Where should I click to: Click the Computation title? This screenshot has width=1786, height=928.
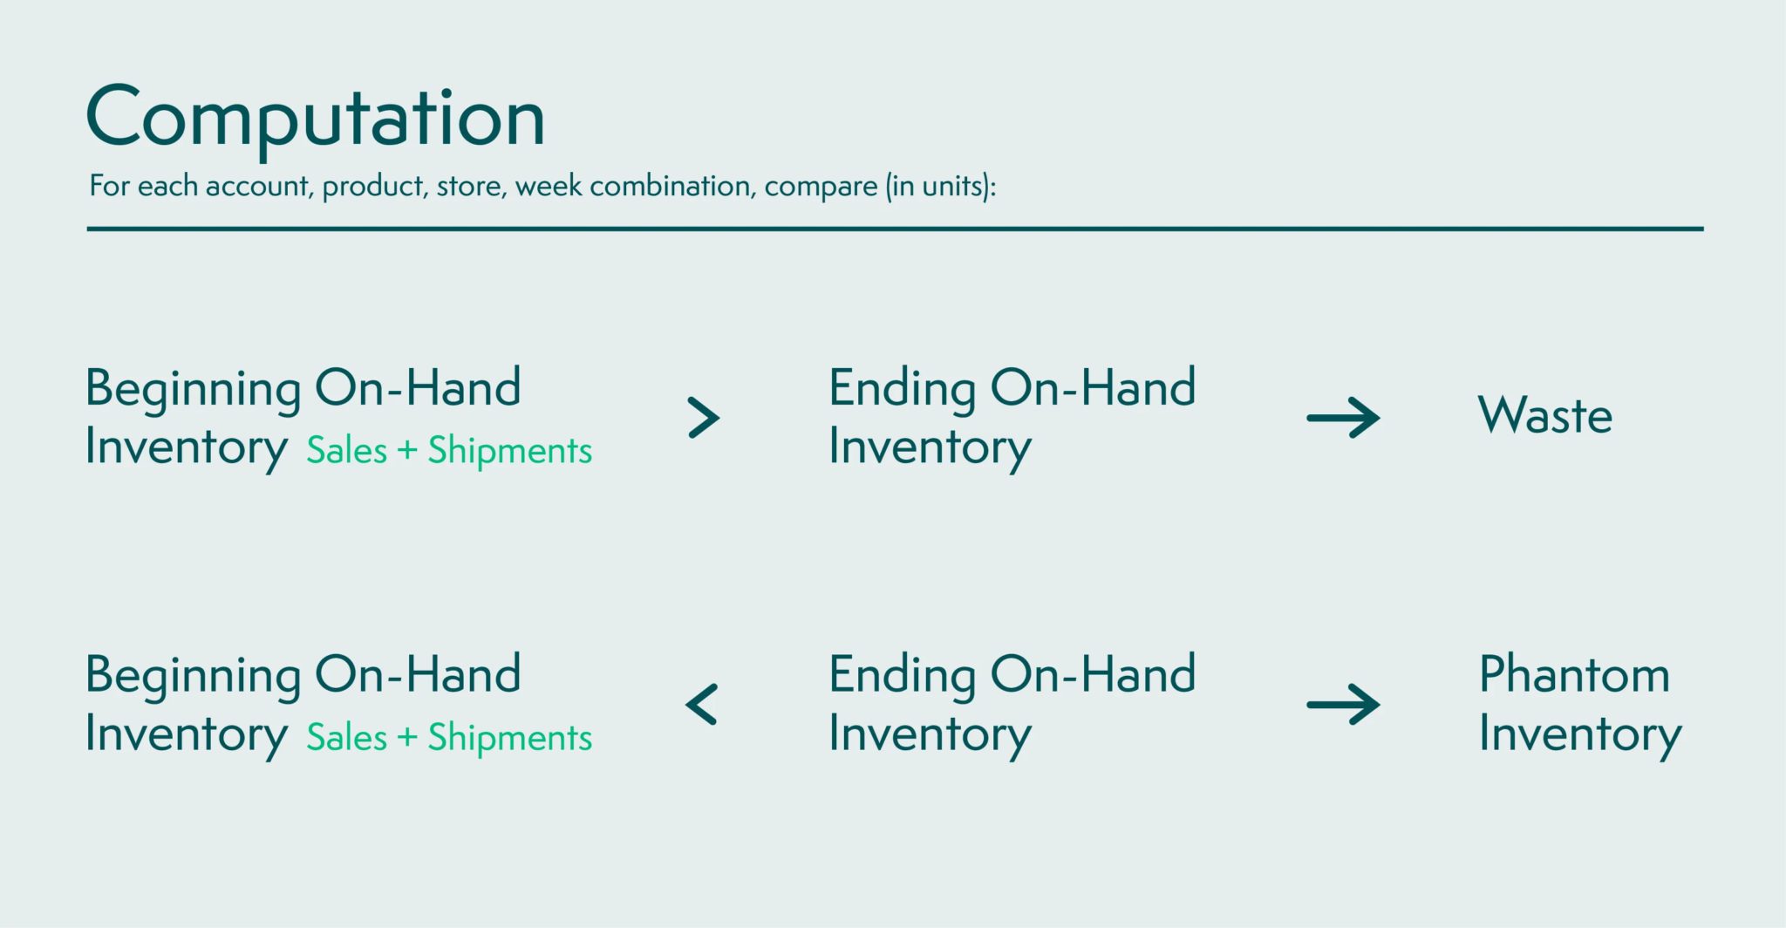pyautogui.click(x=316, y=119)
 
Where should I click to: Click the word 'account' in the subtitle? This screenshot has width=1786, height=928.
pyautogui.click(x=259, y=186)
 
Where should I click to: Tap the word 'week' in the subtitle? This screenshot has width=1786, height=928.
pyautogui.click(x=548, y=186)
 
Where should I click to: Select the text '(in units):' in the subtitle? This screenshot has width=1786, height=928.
pyautogui.click(x=941, y=187)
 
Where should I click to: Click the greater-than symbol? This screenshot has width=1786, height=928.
pyautogui.click(x=704, y=418)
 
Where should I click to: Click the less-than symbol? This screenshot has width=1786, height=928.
pyautogui.click(x=701, y=705)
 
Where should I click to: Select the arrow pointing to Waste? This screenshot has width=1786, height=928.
pyautogui.click(x=1343, y=418)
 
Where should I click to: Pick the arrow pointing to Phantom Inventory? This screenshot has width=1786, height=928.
pyautogui.click(x=1343, y=705)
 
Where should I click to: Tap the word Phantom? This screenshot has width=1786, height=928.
pyautogui.click(x=1575, y=674)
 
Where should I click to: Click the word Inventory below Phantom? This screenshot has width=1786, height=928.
pyautogui.click(x=1580, y=734)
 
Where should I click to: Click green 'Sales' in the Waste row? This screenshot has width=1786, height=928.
pyautogui.click(x=347, y=450)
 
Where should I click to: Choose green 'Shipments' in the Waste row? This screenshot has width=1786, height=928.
pyautogui.click(x=510, y=451)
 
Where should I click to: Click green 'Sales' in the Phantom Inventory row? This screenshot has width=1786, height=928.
pyautogui.click(x=347, y=737)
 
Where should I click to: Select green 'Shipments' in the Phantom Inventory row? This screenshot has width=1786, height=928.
pyautogui.click(x=510, y=738)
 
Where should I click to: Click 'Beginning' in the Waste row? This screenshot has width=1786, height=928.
pyautogui.click(x=194, y=389)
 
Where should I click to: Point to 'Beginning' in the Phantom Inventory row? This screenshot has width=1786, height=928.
pyautogui.click(x=194, y=676)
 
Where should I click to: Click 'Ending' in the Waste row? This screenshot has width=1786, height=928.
pyautogui.click(x=903, y=389)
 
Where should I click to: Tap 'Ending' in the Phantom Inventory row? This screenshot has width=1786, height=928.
pyautogui.click(x=903, y=676)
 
